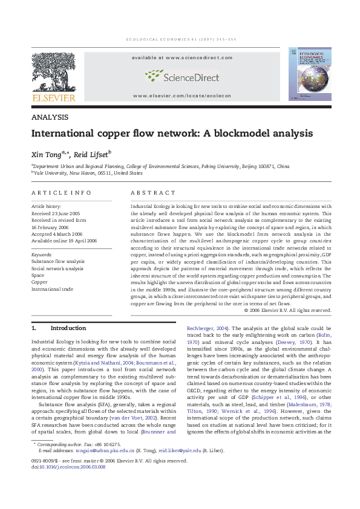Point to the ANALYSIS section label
pyautogui.click(x=49, y=117)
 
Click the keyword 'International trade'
pyautogui.click(x=52, y=289)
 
